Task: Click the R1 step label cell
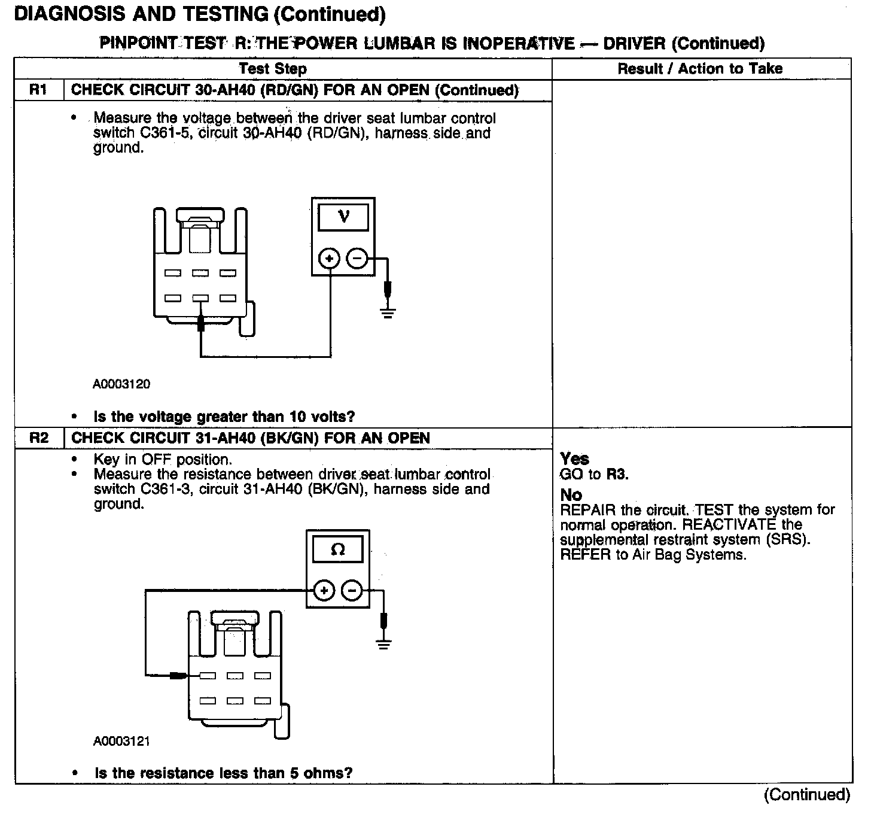[x=38, y=90]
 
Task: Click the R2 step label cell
[x=38, y=438]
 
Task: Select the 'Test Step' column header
[x=273, y=69]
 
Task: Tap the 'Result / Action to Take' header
[x=700, y=69]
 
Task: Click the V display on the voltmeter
[x=343, y=217]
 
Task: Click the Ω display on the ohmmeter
[x=338, y=549]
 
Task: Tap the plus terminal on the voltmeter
[x=329, y=259]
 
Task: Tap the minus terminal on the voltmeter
[x=357, y=259]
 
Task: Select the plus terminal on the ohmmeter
[x=324, y=591]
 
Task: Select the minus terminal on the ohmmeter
[x=352, y=591]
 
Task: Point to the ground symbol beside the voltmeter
[x=388, y=312]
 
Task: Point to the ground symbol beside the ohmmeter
[x=383, y=644]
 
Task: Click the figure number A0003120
[x=121, y=384]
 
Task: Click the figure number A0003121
[x=121, y=742]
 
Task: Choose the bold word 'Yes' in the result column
[x=574, y=459]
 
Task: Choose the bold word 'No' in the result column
[x=571, y=495]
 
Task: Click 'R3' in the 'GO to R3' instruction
[x=617, y=475]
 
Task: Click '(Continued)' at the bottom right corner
[x=806, y=795]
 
